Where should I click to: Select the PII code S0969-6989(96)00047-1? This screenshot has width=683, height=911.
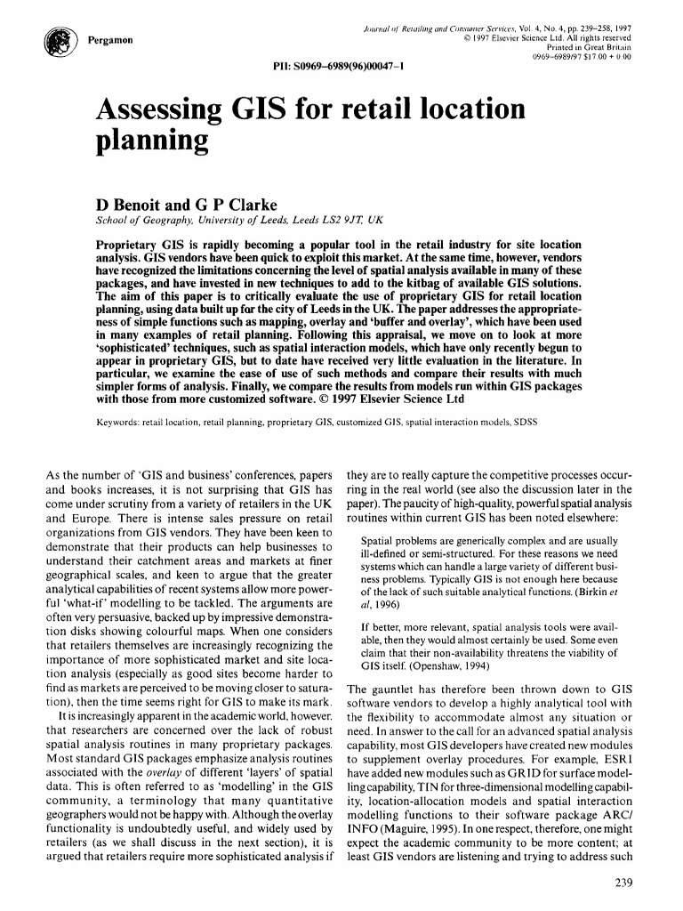click(334, 67)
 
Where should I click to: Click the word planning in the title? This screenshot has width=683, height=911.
click(152, 141)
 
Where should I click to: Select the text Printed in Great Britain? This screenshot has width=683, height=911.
click(591, 48)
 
